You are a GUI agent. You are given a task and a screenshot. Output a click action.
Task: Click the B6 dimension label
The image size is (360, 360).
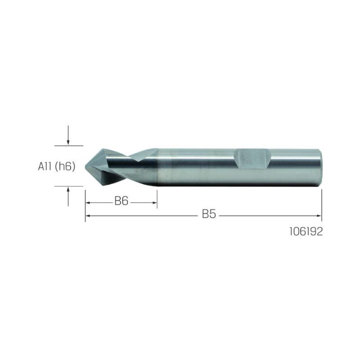pos(121,201)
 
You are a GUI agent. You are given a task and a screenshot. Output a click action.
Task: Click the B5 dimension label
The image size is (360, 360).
pos(209,214)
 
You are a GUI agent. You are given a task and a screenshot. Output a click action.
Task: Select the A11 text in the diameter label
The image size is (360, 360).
pos(45,166)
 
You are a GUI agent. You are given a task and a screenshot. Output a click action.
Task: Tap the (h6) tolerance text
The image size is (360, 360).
pos(65,166)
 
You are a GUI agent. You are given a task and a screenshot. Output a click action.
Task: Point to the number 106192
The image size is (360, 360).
pos(306,231)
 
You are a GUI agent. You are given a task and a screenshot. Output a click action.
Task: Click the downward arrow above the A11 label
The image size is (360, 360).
pos(68,135)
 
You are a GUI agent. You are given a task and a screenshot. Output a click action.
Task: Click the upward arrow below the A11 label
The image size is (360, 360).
pos(68,197)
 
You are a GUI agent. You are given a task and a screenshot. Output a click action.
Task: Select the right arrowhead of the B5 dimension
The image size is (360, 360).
pos(319,216)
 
